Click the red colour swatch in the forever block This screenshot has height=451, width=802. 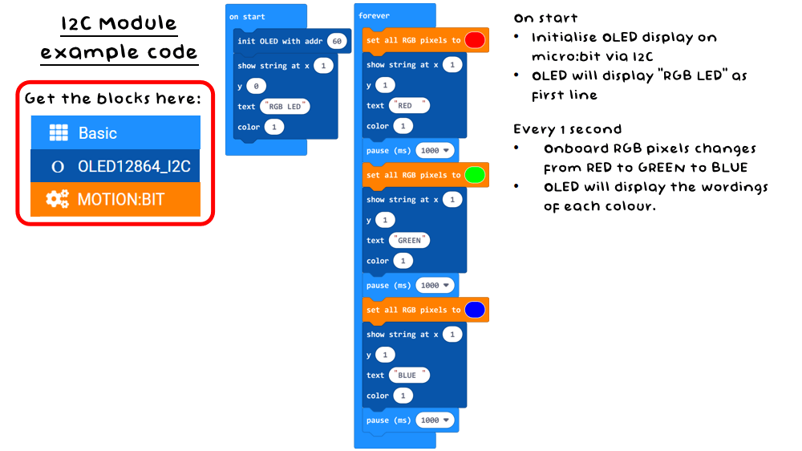(x=475, y=40)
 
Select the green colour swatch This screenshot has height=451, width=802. (x=475, y=175)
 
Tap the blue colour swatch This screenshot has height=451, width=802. (x=475, y=310)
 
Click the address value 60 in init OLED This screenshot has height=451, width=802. (x=337, y=41)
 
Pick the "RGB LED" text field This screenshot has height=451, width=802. (x=286, y=107)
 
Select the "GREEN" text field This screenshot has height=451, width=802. (x=409, y=240)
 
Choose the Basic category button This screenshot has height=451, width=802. (x=115, y=133)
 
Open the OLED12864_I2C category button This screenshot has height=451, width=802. (x=115, y=166)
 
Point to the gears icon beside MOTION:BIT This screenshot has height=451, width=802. (x=58, y=199)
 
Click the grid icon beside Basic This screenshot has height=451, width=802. (x=58, y=133)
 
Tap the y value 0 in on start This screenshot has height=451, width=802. (x=256, y=86)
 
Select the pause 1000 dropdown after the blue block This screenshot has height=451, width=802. (x=435, y=421)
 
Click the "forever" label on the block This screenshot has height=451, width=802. (x=374, y=16)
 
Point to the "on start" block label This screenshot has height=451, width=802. (x=247, y=17)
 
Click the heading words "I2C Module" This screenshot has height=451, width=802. (x=119, y=23)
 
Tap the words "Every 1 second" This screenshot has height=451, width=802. (x=567, y=129)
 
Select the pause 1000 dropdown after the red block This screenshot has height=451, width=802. (x=435, y=151)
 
